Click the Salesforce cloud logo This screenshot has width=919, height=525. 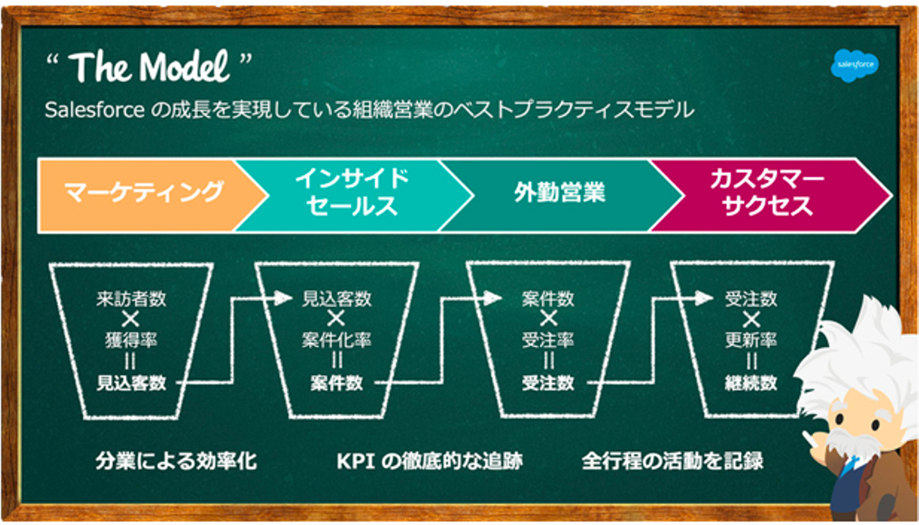coord(855,65)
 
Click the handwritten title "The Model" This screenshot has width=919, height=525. coord(149,66)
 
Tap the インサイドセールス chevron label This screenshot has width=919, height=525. coord(352,192)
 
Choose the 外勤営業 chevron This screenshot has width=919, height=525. coord(560,195)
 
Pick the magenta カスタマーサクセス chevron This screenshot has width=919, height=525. coord(767,195)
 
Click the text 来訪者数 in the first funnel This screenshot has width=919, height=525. coord(131,298)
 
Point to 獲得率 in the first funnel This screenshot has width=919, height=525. coord(131,340)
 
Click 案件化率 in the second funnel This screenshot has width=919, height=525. coord(336,340)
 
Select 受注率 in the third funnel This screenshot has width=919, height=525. coord(548,340)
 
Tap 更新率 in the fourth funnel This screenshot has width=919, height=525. coord(751,340)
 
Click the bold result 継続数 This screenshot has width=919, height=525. coord(751,383)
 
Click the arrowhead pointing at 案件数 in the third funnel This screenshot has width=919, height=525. coord(493,298)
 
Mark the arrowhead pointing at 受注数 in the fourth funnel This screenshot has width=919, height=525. coord(703,298)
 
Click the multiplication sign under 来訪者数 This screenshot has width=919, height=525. coord(130,319)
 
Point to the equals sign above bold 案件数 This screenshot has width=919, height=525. coord(337,361)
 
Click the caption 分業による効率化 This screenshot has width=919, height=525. coord(176,460)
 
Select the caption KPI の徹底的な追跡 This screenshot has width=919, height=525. coord(430,460)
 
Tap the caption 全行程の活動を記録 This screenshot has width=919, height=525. coord(673,460)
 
